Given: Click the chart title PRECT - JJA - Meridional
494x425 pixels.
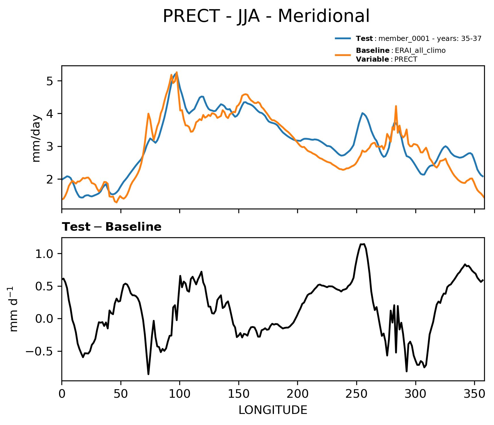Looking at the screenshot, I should click(x=266, y=16).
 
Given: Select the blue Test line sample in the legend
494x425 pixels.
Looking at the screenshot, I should click(x=344, y=38).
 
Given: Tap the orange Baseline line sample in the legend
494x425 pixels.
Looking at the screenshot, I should click(x=344, y=55).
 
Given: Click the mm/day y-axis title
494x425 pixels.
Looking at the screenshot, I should click(x=36, y=138).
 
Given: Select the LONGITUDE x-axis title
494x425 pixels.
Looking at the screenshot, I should click(x=273, y=410).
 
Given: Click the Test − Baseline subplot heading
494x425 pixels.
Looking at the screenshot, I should click(x=112, y=227).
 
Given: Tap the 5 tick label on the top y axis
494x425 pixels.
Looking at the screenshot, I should click(x=50, y=81).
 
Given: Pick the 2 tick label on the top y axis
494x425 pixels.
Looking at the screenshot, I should click(x=50, y=180).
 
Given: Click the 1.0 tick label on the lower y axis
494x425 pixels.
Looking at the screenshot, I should click(x=44, y=254).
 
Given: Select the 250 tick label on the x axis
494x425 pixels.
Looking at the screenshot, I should click(x=357, y=394).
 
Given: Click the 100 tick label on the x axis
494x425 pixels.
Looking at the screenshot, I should click(x=180, y=394).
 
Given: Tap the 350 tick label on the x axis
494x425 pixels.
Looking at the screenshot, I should click(x=474, y=394).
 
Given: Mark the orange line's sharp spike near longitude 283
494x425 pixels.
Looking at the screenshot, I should click(x=396, y=106).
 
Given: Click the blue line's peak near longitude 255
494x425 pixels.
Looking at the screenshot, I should click(x=362, y=113).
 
